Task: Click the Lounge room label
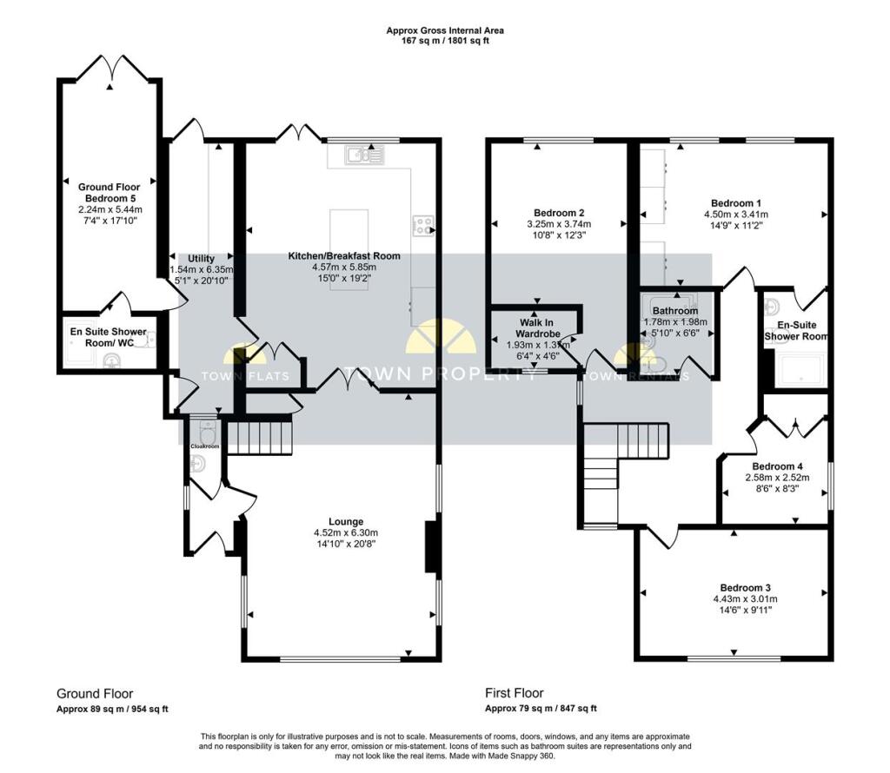tap(346, 521)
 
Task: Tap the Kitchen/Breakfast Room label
tap(344, 255)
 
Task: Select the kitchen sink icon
tap(364, 155)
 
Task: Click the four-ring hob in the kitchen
tap(423, 226)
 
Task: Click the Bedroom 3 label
tap(745, 587)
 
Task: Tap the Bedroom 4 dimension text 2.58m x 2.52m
tap(777, 478)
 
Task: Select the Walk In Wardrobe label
tap(537, 328)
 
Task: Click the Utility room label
tap(201, 259)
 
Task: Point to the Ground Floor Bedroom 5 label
tap(109, 192)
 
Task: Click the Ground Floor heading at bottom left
tap(95, 694)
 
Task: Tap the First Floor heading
tap(515, 693)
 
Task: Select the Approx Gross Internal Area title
tap(445, 30)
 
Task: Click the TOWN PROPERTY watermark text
tap(441, 373)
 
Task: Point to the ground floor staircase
tap(259, 435)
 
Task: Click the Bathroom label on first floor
tap(674, 311)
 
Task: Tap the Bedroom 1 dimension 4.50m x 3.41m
tap(736, 215)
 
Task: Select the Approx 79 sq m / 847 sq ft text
tap(541, 709)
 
